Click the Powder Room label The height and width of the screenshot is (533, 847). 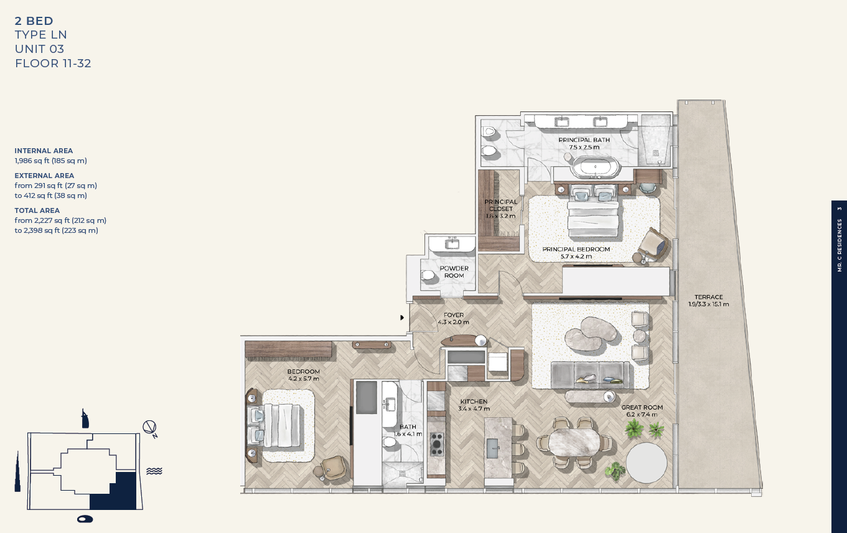tap(454, 271)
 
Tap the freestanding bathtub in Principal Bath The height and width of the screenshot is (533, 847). tap(595, 167)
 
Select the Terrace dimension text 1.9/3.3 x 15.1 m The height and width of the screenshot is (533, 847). tap(709, 304)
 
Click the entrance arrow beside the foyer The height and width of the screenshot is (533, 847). tap(402, 318)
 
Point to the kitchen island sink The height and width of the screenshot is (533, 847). tap(493, 448)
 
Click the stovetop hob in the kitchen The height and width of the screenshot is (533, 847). tap(436, 444)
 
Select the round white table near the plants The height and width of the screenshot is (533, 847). tap(646, 463)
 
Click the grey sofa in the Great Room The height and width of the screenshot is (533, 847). tap(589, 374)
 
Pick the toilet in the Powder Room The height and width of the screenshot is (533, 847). tap(429, 275)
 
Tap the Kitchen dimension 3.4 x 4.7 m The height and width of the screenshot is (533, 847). tap(474, 408)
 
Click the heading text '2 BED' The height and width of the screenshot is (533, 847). tap(34, 21)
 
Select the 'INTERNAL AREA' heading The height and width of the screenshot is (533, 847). tap(44, 151)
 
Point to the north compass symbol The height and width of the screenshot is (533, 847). tap(150, 428)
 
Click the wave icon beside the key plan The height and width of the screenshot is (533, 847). tap(154, 471)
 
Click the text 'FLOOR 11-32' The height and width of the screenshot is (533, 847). tap(53, 63)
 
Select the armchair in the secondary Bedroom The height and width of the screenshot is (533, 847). tap(330, 468)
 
